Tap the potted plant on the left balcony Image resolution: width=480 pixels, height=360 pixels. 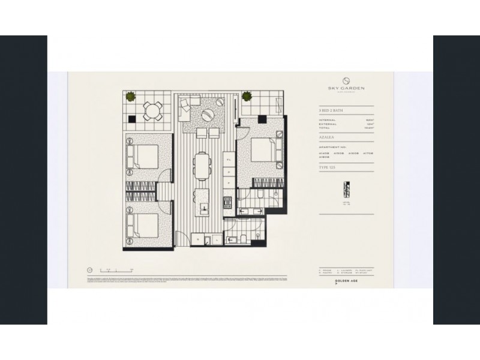129,95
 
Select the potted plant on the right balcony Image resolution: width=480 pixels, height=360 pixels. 246,95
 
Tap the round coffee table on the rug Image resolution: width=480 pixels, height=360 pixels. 206,116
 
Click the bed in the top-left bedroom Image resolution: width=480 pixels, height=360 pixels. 144,158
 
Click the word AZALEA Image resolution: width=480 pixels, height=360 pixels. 327,137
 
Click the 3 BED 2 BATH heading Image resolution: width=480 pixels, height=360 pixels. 332,112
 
